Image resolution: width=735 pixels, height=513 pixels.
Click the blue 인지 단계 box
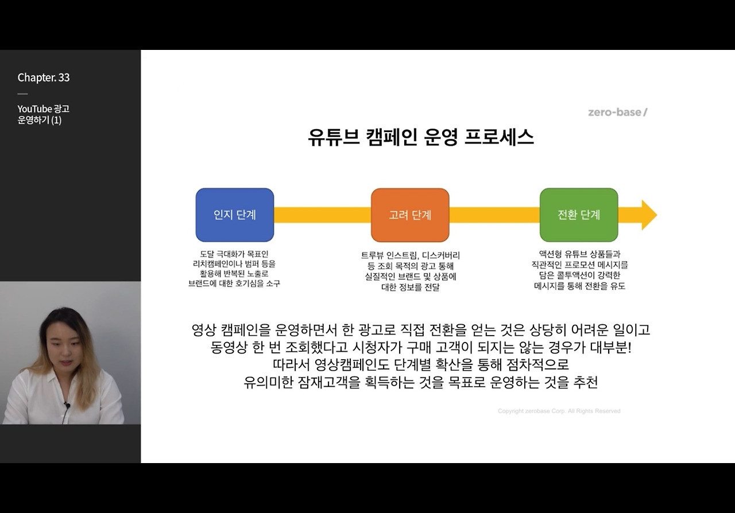point(234,215)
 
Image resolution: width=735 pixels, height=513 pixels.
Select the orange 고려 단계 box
point(409,215)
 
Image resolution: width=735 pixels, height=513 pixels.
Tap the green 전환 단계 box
point(578,215)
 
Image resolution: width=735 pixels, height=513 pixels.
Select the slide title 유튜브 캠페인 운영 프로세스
point(421,138)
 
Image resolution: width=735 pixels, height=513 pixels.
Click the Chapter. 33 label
point(44,77)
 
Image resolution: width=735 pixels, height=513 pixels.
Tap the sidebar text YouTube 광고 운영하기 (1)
point(43,114)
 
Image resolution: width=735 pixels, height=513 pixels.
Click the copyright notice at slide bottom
point(559,411)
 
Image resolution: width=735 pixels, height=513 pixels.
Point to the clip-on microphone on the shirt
point(67,406)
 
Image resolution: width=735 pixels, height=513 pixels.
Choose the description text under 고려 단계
point(410,271)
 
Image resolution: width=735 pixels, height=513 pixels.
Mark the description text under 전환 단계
point(579,270)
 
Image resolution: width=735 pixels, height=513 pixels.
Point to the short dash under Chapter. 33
point(22,94)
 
